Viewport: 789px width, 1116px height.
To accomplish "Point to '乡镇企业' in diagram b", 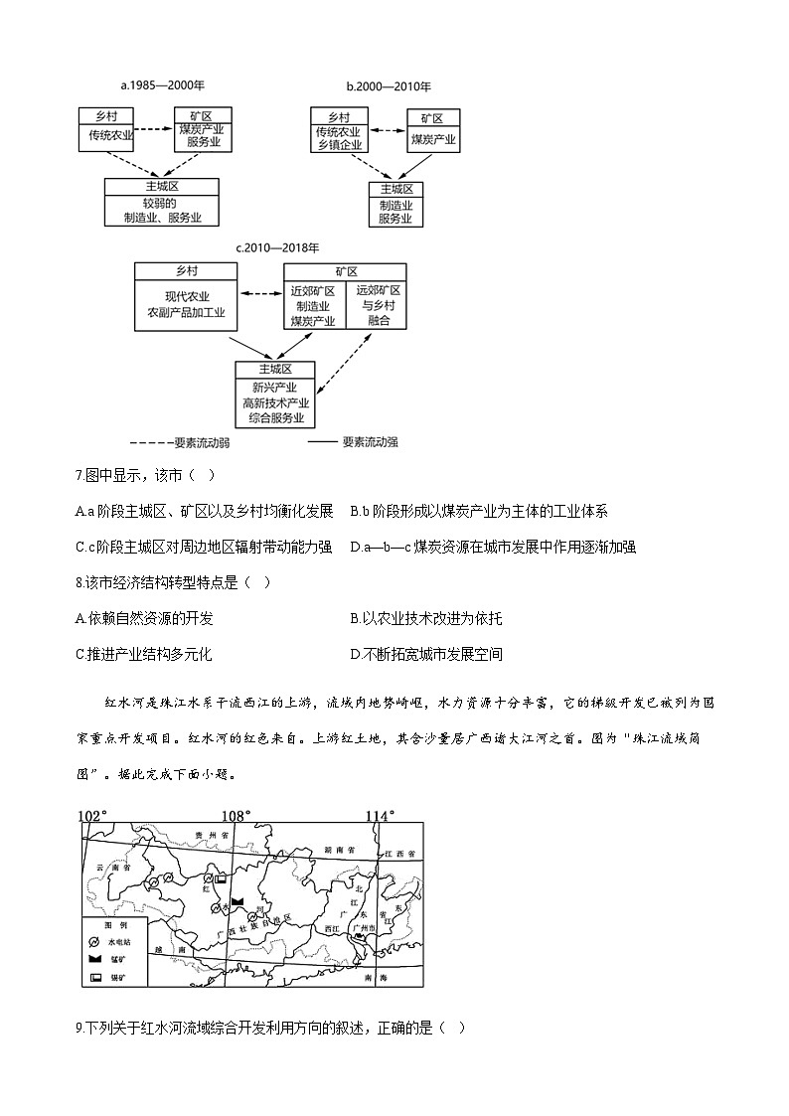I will [338, 146].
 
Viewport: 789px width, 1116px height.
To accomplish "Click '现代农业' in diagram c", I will [186, 296].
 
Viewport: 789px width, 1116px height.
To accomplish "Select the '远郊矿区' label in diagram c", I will [377, 290].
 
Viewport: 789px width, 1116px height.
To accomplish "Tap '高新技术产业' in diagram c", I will [275, 403].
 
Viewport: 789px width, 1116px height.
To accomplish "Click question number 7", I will [79, 477].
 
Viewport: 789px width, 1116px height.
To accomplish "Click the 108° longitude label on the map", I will [236, 816].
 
